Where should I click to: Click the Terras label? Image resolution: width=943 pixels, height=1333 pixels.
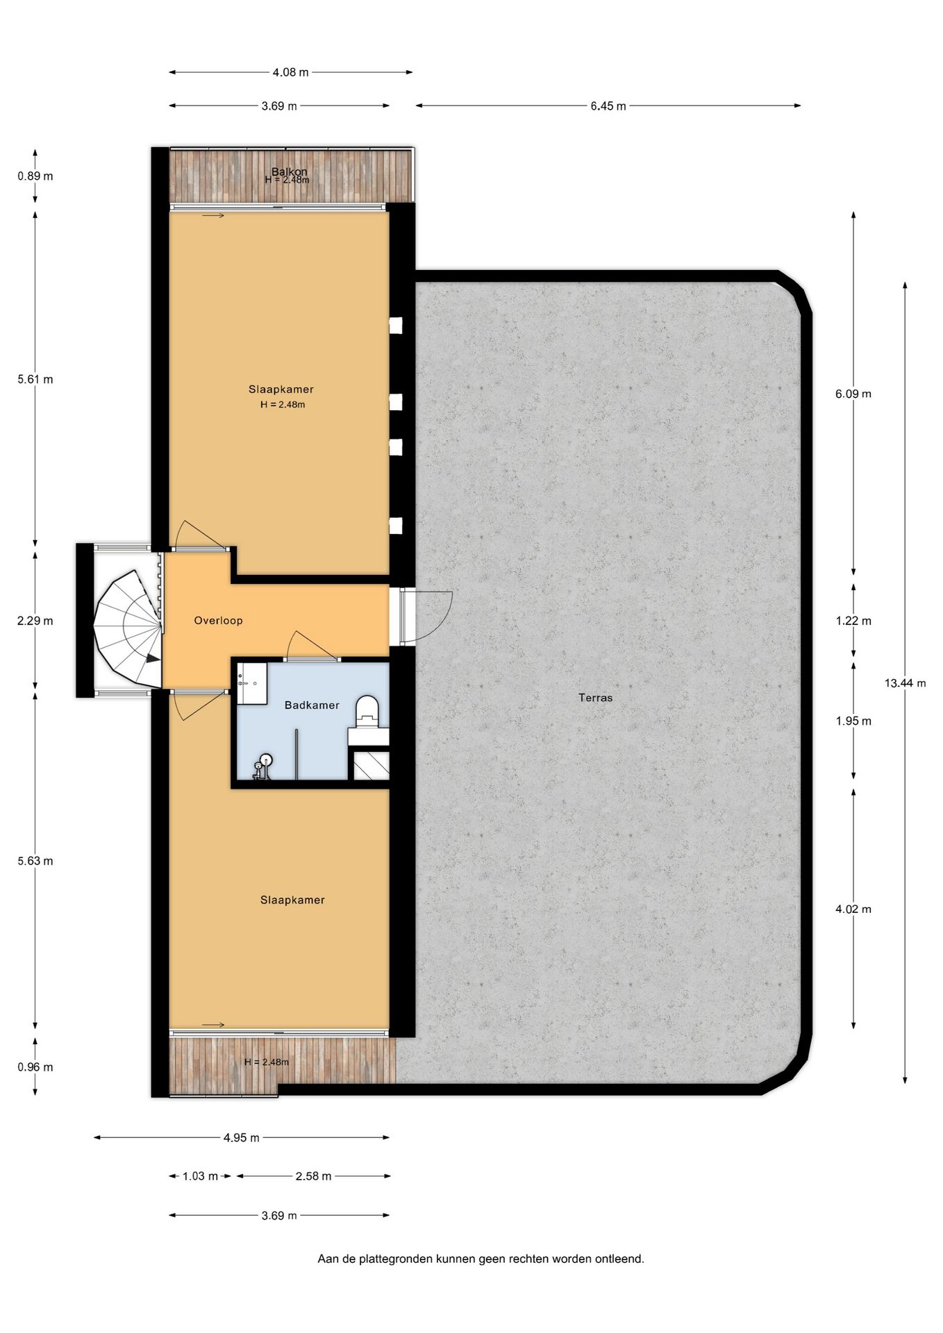595,698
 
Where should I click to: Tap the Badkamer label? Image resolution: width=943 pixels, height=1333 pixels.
312,705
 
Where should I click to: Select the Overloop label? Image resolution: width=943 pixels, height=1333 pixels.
218,621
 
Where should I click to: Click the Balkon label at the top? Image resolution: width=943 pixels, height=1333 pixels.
289,171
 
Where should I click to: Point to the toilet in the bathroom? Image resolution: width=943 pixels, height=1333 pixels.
367,710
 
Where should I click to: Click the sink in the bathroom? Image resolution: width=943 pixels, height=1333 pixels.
251,682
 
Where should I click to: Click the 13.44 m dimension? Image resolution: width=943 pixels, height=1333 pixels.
904,683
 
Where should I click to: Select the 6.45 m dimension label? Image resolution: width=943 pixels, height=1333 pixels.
608,106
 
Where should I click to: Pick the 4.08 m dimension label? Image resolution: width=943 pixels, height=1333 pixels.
290,72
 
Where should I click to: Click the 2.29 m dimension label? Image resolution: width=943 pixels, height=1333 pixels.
35,621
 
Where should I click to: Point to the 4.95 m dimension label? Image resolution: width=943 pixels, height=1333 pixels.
241,1138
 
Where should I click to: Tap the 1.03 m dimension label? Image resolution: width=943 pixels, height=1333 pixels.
200,1176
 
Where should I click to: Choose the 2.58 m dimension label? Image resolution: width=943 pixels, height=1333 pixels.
313,1176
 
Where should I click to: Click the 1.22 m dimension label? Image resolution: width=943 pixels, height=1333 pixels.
853,621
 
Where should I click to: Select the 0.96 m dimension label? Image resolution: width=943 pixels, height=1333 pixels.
35,1067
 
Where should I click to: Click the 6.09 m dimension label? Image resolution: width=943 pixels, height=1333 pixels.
853,394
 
